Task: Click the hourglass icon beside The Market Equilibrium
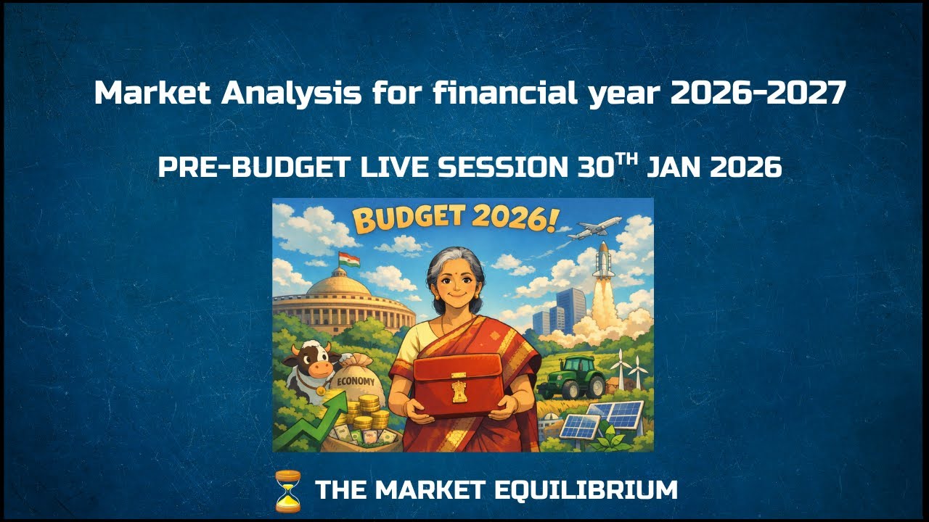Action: click(288, 491)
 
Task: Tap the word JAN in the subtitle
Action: click(675, 168)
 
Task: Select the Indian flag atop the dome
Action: click(349, 260)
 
